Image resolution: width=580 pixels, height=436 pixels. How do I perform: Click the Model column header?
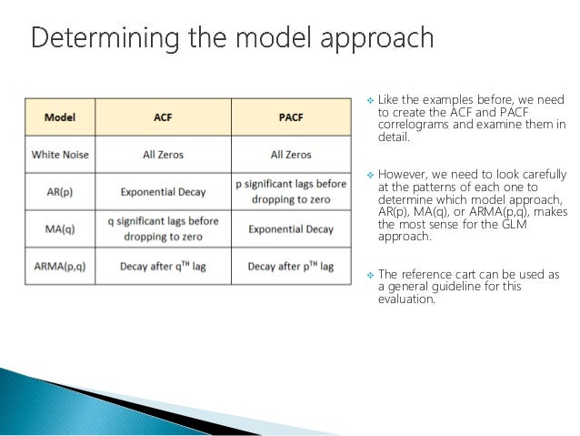(x=59, y=117)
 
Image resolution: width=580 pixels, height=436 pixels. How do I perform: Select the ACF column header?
(x=163, y=117)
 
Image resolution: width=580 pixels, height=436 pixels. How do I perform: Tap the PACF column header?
(x=291, y=117)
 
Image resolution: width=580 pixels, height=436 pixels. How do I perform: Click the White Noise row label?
(x=60, y=155)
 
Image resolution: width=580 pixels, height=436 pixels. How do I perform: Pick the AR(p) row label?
(x=60, y=192)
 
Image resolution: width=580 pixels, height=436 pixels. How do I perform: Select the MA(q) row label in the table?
(x=60, y=229)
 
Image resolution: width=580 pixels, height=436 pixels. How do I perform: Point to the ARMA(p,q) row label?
(x=60, y=267)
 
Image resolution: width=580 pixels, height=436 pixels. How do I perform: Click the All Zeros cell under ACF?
(x=163, y=155)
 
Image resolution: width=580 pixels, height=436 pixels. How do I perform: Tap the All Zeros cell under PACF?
(x=291, y=155)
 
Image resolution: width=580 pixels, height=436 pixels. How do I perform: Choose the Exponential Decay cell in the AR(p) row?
(x=163, y=192)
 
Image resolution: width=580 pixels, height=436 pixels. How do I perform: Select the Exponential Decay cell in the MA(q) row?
(x=291, y=229)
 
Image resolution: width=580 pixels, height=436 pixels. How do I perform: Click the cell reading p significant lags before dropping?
(x=291, y=192)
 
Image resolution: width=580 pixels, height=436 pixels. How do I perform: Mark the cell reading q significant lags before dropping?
(x=163, y=229)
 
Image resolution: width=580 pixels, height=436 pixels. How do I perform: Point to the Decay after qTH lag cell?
(x=163, y=267)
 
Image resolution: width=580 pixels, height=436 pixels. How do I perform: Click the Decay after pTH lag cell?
(x=291, y=267)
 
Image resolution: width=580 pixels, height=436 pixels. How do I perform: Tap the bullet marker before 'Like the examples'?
(x=368, y=99)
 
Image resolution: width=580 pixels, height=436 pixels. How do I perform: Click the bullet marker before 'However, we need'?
(x=368, y=174)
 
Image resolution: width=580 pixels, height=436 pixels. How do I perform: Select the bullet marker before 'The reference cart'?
(x=368, y=273)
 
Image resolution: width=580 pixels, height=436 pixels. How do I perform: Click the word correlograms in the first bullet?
(x=415, y=124)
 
